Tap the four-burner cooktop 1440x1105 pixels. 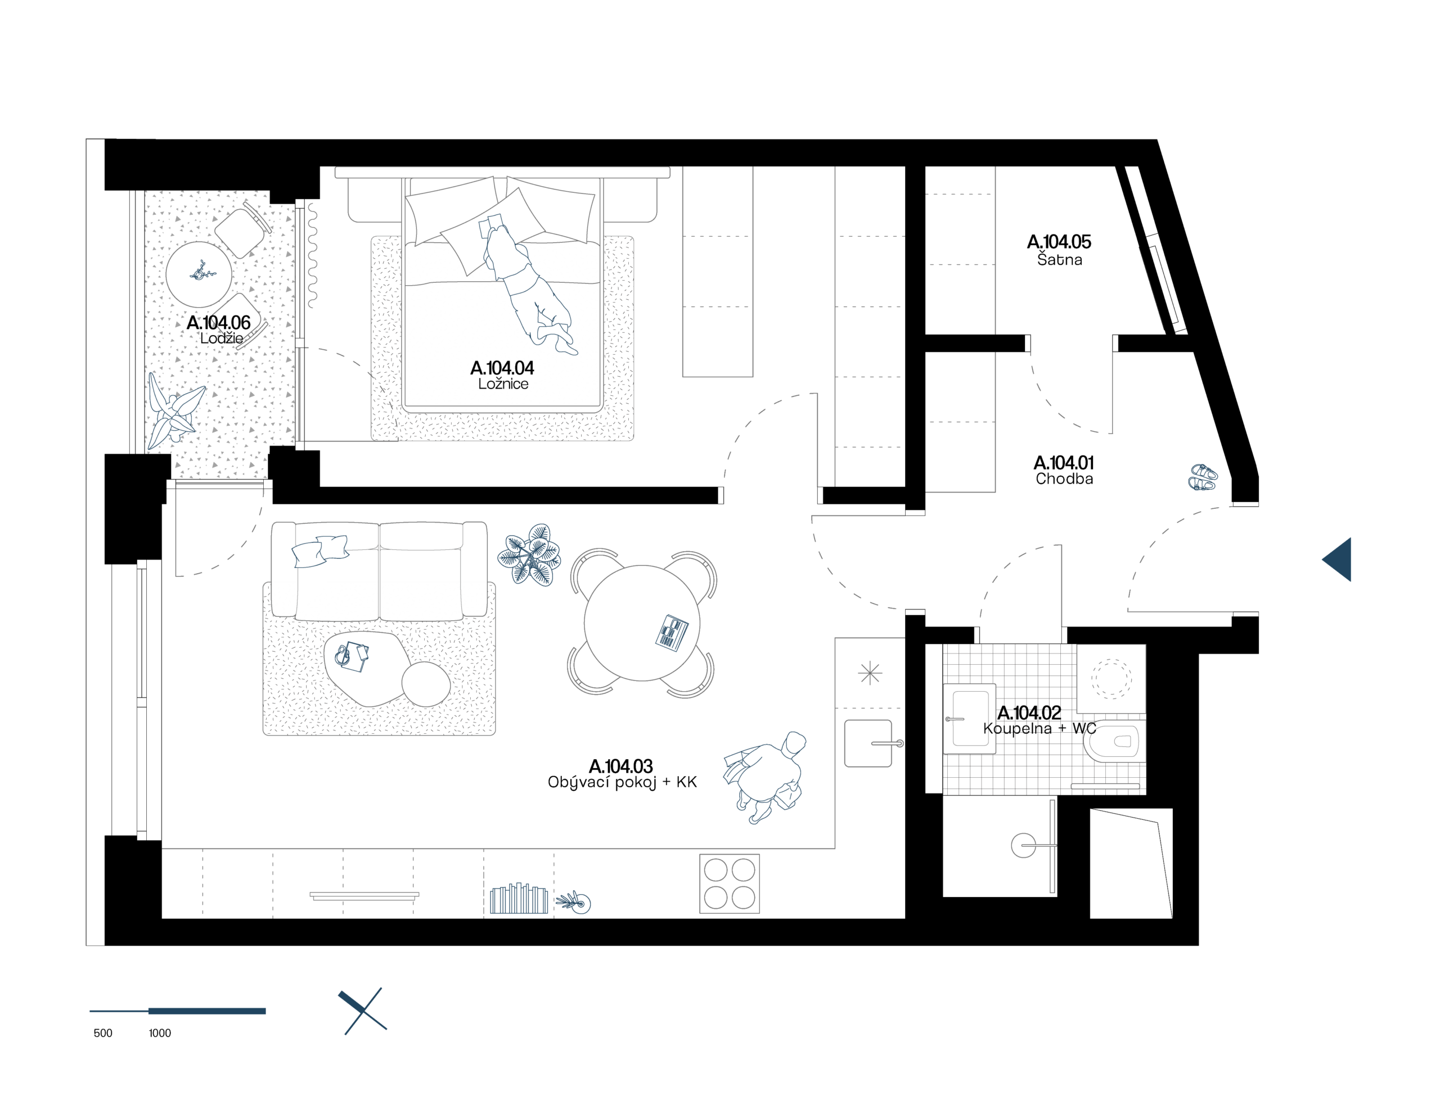pos(729,883)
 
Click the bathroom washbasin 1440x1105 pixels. pos(969,718)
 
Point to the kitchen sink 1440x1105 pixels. pos(868,743)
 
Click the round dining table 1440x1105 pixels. pos(641,622)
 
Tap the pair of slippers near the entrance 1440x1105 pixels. pos(1203,477)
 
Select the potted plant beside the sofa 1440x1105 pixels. pos(529,554)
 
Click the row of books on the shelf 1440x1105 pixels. pos(519,899)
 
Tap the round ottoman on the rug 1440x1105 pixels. pos(426,684)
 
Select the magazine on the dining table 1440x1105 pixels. pos(672,633)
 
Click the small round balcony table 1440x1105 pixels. pos(198,274)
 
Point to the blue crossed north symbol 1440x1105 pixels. pos(362,1011)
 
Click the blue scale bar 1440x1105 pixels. pos(178,1011)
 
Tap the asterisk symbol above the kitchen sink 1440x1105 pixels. pos(870,673)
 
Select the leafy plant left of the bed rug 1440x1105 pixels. pos(174,412)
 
